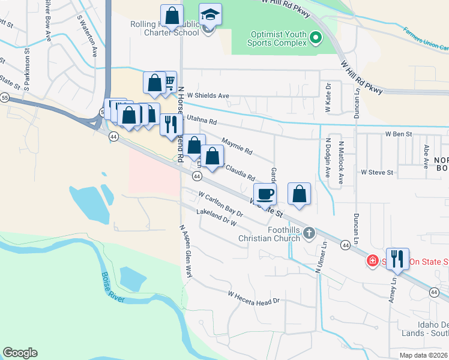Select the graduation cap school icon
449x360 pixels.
pos(210,15)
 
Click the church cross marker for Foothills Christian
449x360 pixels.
pos(309,233)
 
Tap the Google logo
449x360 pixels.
pos(20,353)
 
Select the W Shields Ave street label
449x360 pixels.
pos(208,95)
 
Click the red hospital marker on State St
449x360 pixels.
pos(372,261)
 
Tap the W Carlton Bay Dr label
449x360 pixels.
pos(220,203)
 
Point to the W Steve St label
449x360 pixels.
pos(376,172)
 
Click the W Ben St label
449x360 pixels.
pos(399,134)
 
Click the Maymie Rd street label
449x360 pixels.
pos(237,146)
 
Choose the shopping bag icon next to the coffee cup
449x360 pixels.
pos(299,194)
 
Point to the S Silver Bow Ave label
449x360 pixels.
pos(47,21)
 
